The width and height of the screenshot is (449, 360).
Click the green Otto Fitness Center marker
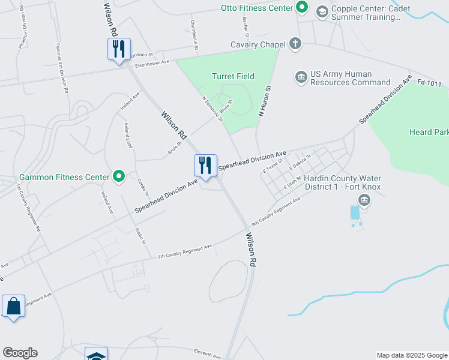coord(303,8)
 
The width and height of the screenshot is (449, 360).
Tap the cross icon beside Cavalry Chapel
coord(295,44)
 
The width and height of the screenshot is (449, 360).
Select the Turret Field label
coord(233,76)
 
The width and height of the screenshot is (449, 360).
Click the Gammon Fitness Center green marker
coord(119,176)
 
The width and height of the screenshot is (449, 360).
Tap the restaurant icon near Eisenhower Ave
coord(118,49)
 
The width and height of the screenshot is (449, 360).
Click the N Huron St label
coord(265,100)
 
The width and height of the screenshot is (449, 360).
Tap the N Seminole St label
coord(212,109)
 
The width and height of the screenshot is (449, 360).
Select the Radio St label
coord(141,236)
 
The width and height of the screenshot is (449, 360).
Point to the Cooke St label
coord(142,187)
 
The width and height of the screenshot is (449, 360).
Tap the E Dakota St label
coord(300,161)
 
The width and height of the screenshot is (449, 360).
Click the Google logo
coord(20,353)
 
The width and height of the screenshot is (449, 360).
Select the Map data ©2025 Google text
coord(412,355)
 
